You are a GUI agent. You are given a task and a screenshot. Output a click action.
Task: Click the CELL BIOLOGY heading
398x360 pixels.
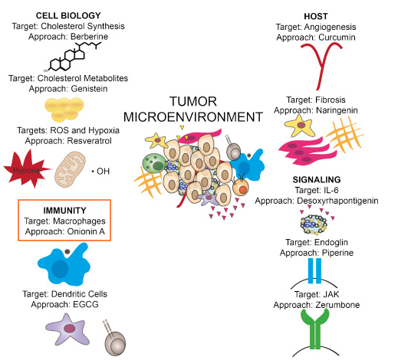tap(68, 15)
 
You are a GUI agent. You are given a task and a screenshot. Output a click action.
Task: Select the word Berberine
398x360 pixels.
tap(89, 37)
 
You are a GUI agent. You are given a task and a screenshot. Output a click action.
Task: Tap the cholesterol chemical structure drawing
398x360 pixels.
tap(73, 57)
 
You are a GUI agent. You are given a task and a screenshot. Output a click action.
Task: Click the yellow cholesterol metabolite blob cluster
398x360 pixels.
tap(64, 110)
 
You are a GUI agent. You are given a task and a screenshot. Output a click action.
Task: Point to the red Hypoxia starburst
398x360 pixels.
tap(25, 169)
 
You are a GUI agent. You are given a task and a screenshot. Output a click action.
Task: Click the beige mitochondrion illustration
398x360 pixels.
tap(71, 170)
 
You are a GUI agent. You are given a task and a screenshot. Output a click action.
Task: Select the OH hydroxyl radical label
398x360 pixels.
tap(100, 171)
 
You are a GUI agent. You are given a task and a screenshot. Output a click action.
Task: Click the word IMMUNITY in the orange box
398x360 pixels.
tap(64, 211)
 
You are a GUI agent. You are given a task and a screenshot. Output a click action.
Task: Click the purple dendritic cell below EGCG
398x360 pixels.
tap(67, 330)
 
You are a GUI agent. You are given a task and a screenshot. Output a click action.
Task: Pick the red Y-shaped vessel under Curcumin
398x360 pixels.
tap(321, 66)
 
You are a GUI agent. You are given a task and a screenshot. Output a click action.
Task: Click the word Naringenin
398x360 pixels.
tap(337, 110)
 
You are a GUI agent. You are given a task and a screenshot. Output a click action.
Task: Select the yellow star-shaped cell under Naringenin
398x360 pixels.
tap(301, 126)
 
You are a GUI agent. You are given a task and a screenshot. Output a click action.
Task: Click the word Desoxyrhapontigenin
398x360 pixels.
tap(337, 201)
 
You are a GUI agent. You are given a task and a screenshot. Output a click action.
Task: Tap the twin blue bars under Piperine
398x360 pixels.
tap(314, 270)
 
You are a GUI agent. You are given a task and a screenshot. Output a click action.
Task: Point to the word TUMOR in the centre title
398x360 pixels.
tap(193, 101)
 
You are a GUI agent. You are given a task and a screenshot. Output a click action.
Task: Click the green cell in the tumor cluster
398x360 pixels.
tap(153, 163)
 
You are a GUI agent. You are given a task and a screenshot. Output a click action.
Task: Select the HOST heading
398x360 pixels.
tap(316, 16)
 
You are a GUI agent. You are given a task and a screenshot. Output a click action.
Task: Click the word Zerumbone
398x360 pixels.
tap(337, 305)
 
